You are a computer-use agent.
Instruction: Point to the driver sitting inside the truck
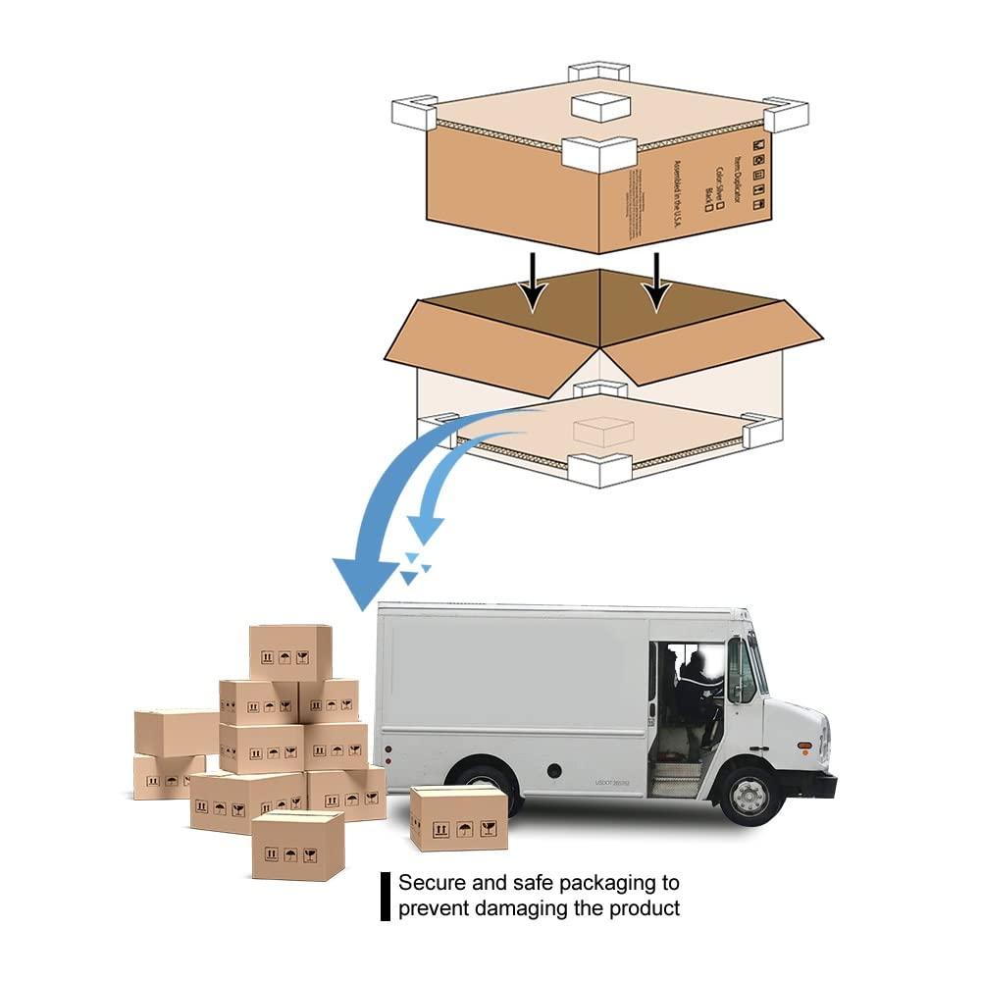[697, 687]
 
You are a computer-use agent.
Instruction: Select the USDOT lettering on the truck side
[612, 783]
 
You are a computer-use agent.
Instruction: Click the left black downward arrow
[533, 279]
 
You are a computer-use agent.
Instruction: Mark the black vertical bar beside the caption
[386, 896]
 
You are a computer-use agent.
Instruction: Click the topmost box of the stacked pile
[289, 651]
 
